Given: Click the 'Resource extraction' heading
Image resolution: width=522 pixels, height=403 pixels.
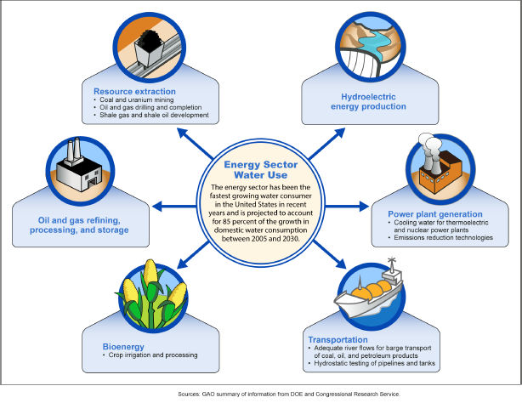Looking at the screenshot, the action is tap(134, 91).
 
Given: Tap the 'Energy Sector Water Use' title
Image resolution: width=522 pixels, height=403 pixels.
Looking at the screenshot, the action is tap(261, 169).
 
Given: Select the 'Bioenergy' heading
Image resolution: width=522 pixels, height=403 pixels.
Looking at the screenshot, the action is tap(123, 346).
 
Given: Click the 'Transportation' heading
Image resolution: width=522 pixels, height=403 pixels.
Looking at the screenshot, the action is tap(338, 340).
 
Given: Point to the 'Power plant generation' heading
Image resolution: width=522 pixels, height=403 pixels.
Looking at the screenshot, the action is tap(435, 213).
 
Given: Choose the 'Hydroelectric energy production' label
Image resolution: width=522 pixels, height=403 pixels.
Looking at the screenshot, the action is tap(368, 101).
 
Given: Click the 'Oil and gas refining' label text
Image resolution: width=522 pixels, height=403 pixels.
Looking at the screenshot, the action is tap(79, 220).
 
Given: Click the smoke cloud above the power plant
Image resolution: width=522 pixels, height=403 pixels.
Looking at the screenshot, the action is tap(429, 144).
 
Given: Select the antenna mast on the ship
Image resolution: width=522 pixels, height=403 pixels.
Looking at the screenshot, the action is tap(392, 264).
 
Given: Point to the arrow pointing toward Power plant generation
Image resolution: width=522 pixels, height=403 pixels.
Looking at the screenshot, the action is tap(347, 207).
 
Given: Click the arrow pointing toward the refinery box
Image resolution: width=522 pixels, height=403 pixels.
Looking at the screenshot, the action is tap(174, 207).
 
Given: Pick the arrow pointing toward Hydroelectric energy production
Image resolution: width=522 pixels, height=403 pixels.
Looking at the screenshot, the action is tap(326, 143).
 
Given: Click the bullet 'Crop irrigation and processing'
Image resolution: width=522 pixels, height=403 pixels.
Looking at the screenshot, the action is tap(150, 355).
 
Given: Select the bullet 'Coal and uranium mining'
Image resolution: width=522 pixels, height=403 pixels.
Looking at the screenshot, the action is tap(133, 100).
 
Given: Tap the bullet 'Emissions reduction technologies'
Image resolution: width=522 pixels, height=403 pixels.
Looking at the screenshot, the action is tap(440, 237).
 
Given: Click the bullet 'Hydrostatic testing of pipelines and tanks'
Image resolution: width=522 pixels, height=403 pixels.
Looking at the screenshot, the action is tap(372, 363).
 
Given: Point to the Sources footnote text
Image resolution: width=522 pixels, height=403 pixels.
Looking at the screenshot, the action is tap(289, 394).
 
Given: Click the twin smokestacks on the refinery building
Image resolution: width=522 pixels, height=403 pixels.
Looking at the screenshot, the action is tap(74, 150).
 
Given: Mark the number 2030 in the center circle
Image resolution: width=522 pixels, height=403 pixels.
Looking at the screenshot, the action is tap(291, 239).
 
